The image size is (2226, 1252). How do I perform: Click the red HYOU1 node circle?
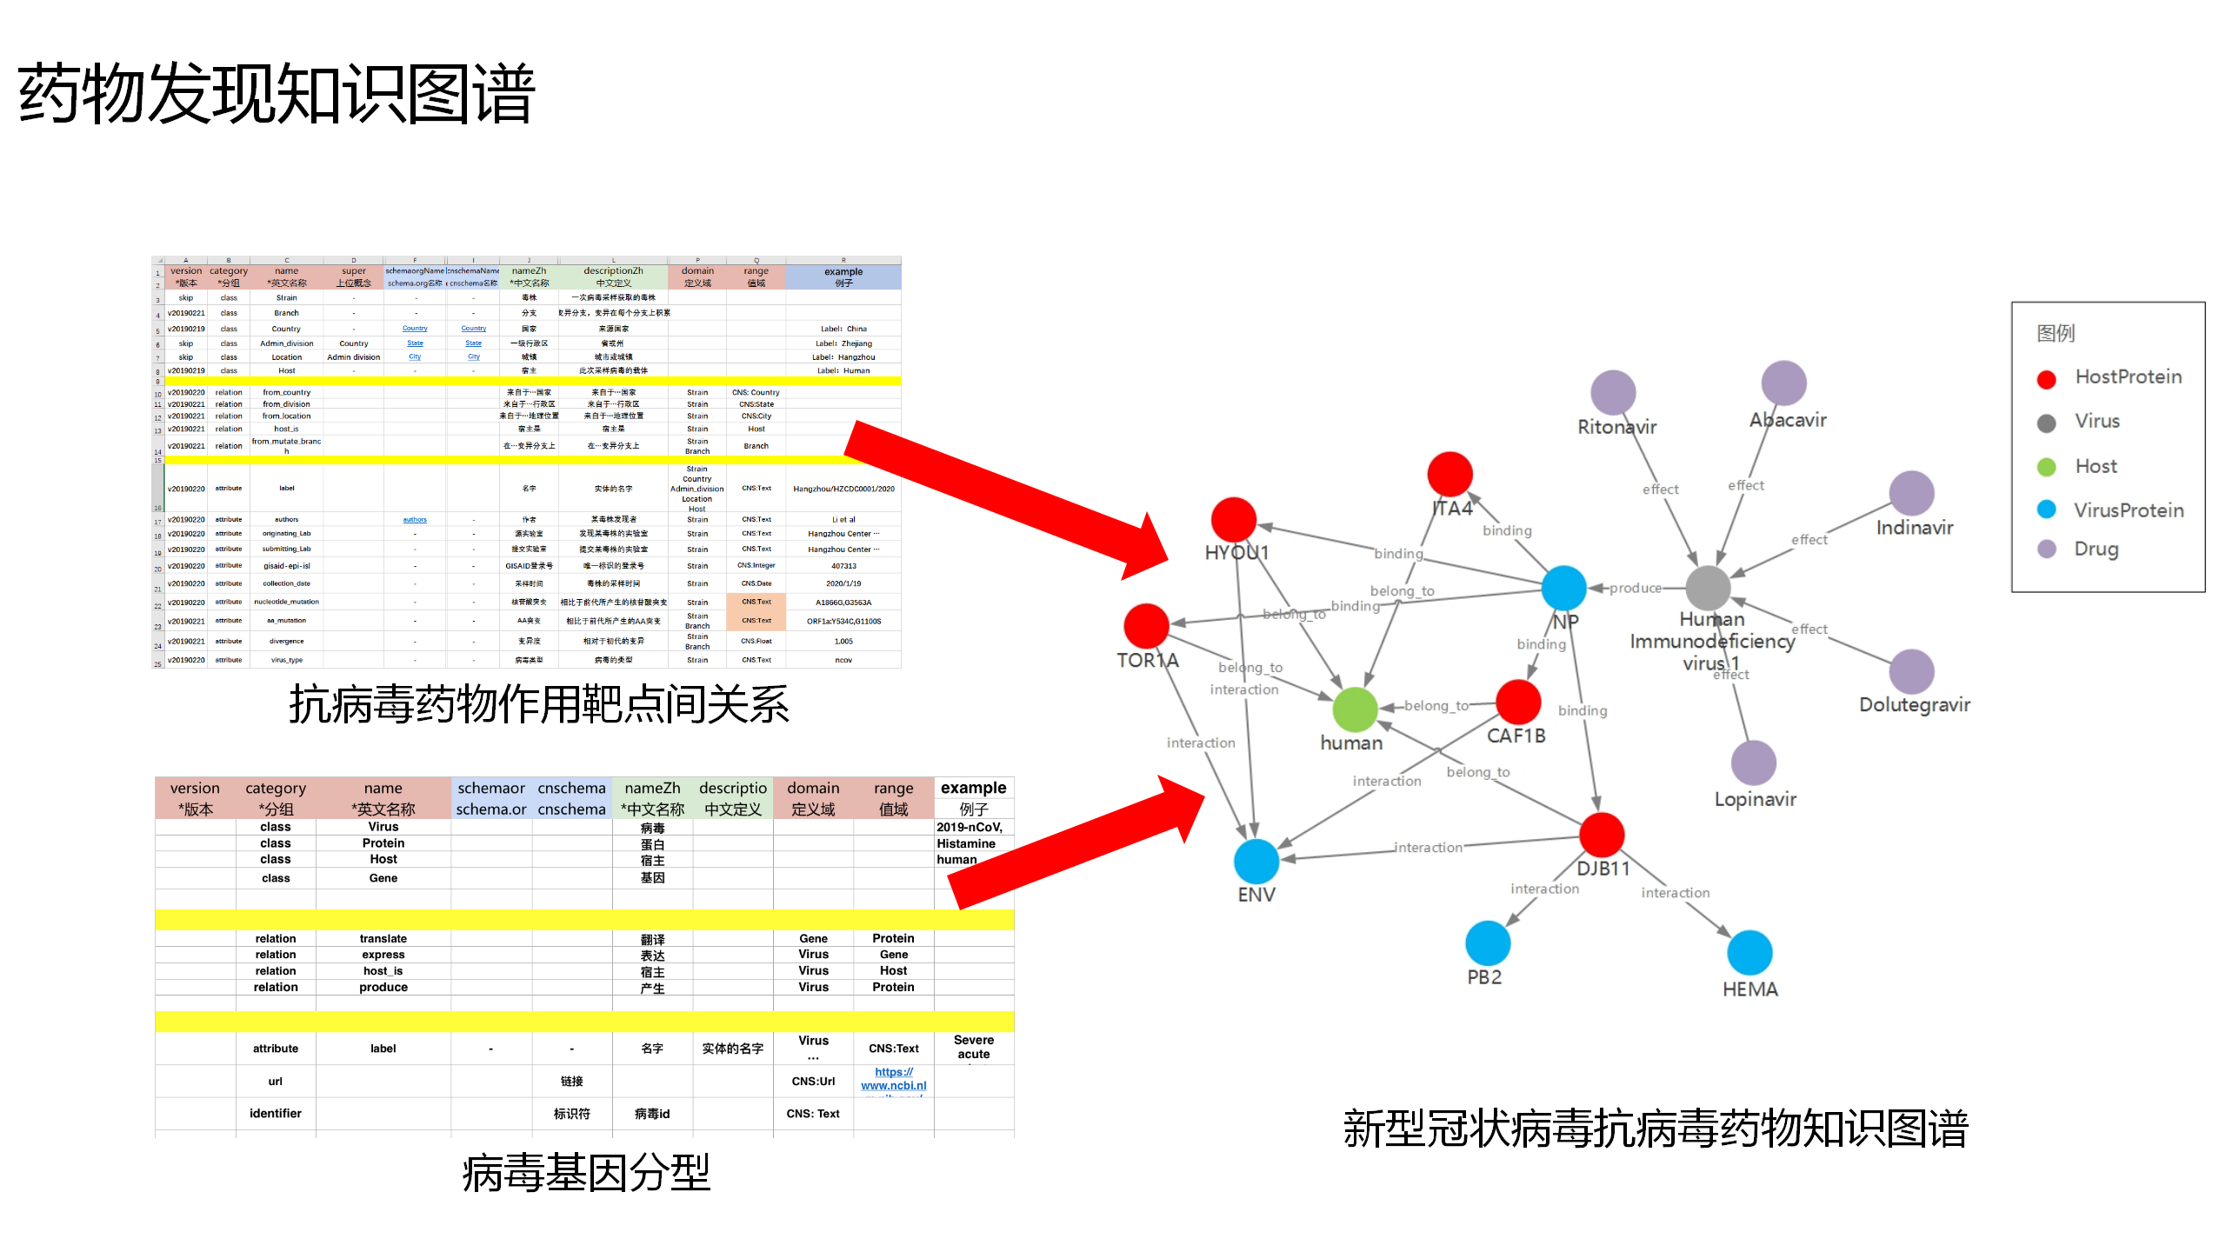click(x=1233, y=520)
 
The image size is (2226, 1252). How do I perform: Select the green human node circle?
click(x=1354, y=709)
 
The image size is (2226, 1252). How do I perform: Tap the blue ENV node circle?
click(x=1256, y=862)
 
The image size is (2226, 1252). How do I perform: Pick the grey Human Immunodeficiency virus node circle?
click(x=1708, y=589)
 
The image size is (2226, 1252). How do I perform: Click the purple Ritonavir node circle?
click(x=1613, y=393)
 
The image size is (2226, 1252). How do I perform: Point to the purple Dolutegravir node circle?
click(x=1911, y=671)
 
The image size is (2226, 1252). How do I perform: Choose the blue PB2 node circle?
click(x=1487, y=943)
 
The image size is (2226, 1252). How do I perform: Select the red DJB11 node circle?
click(x=1601, y=835)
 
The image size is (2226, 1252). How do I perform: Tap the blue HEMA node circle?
click(x=1749, y=952)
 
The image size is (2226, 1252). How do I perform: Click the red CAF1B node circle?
click(x=1518, y=702)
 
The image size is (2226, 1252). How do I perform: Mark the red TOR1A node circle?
click(x=1146, y=626)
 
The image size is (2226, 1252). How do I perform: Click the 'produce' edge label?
click(x=1635, y=589)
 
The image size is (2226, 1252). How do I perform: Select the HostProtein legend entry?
click(x=2127, y=377)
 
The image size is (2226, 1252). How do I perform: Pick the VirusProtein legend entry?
click(x=2127, y=510)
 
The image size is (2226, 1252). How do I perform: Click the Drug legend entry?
click(x=2096, y=549)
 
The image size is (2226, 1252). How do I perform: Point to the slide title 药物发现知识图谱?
click(x=277, y=94)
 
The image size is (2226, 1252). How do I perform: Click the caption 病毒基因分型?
click(x=586, y=1172)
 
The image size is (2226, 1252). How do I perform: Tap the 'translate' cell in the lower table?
click(x=383, y=939)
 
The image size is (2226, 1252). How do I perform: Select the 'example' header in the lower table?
click(x=973, y=788)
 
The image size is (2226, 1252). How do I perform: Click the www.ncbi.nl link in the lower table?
click(x=893, y=1085)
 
